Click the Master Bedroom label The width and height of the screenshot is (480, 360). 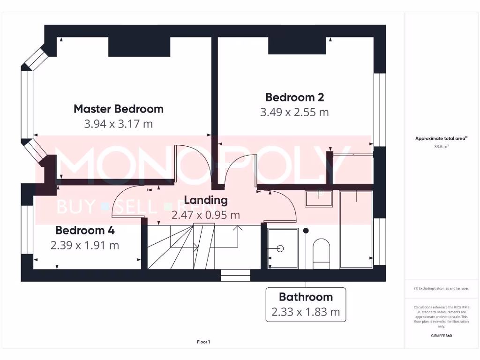(x=119, y=109)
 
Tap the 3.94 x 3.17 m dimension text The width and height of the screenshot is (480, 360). (x=119, y=124)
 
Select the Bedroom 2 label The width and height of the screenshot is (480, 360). (x=294, y=97)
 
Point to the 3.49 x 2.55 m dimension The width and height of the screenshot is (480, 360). (x=294, y=112)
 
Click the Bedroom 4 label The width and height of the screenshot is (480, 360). (x=85, y=230)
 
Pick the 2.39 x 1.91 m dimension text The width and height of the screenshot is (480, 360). (x=85, y=245)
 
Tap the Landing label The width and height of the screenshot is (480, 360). (x=206, y=200)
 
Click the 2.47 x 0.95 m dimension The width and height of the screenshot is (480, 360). (x=206, y=215)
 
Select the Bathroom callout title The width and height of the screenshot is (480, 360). (x=306, y=297)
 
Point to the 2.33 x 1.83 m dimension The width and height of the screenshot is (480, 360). (x=306, y=312)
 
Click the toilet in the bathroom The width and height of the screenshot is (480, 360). (x=322, y=253)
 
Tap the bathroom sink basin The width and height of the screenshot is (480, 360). (x=319, y=199)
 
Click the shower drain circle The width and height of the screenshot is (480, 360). (x=281, y=248)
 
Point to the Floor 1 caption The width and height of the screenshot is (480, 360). (x=203, y=342)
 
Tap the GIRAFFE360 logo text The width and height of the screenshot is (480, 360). (x=441, y=336)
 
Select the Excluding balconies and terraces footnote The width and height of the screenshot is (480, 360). (x=441, y=288)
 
